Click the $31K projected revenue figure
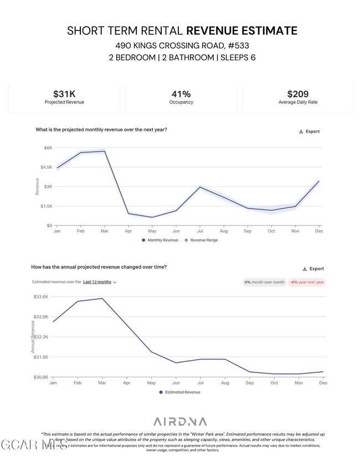(64, 94)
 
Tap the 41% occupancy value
(181, 94)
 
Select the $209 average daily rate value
(297, 94)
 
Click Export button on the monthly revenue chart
(309, 131)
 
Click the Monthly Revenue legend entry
(160, 240)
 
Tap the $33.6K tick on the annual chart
(41, 297)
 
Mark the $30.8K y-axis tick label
(41, 377)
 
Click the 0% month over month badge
(265, 282)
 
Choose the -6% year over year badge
(307, 282)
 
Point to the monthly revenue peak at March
(104, 151)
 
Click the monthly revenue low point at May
(152, 217)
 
